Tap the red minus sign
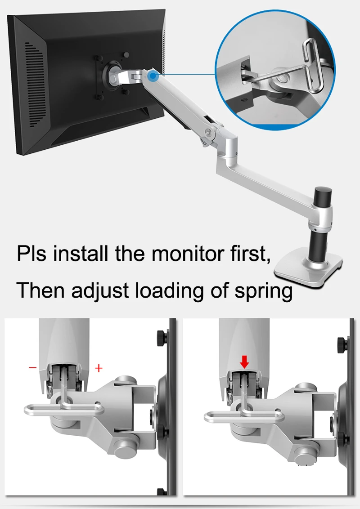33,367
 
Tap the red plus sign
99,368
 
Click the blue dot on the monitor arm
153,77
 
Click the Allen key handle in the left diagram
63,409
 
